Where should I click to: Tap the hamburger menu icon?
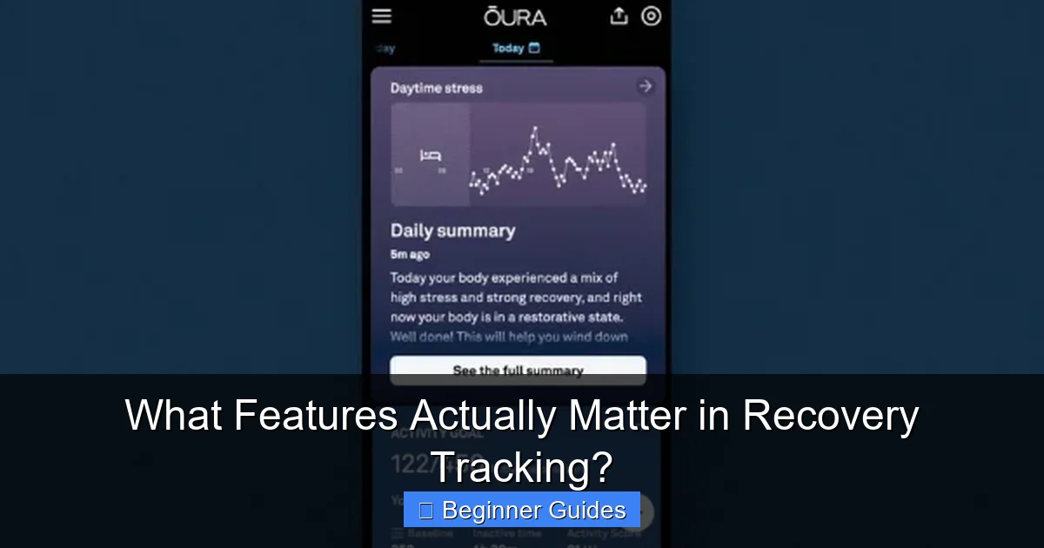(x=381, y=17)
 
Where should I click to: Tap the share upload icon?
(x=619, y=17)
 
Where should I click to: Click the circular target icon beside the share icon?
(x=651, y=17)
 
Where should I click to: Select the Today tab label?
(x=508, y=49)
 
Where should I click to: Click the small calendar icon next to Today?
(x=534, y=49)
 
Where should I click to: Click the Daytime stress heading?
(x=436, y=88)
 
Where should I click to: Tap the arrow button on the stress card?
(x=645, y=86)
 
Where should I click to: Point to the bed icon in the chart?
(x=431, y=156)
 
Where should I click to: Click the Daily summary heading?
(x=452, y=231)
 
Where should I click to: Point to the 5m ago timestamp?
(x=410, y=255)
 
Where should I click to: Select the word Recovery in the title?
(x=830, y=418)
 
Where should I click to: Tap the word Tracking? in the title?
(x=522, y=467)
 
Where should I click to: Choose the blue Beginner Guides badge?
(x=522, y=510)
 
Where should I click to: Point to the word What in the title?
(x=174, y=418)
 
